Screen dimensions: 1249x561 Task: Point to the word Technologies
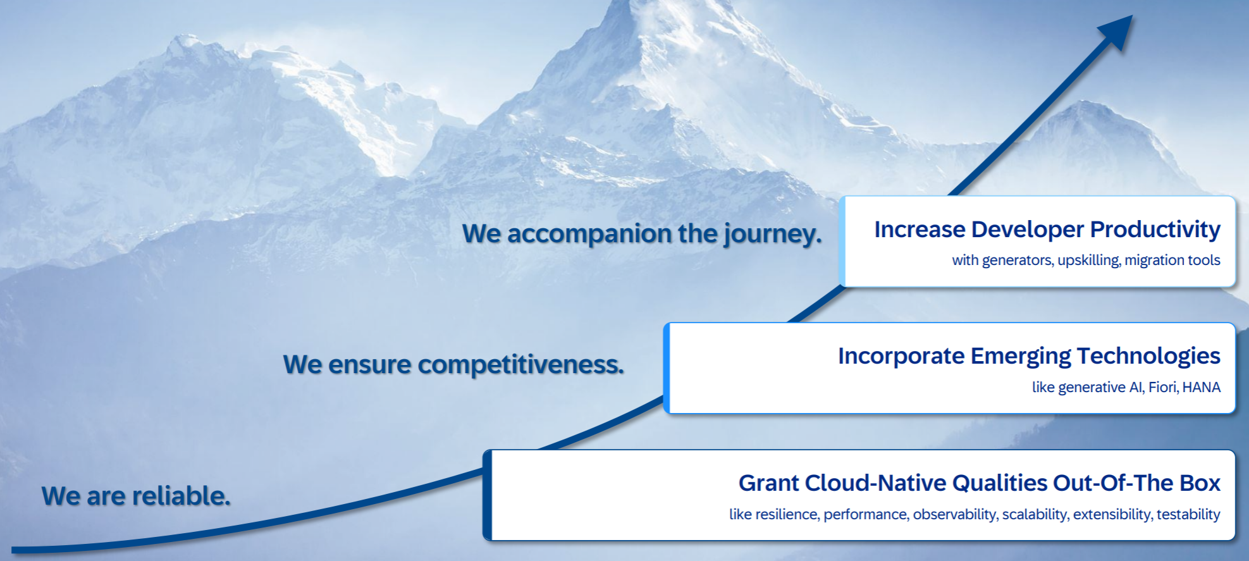1148,356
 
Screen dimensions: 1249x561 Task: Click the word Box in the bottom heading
1200,483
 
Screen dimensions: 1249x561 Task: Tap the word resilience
788,514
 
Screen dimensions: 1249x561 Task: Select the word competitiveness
520,365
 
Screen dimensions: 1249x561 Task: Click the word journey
773,234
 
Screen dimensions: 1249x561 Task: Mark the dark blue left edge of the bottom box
487,495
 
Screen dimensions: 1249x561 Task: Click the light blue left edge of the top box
842,242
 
